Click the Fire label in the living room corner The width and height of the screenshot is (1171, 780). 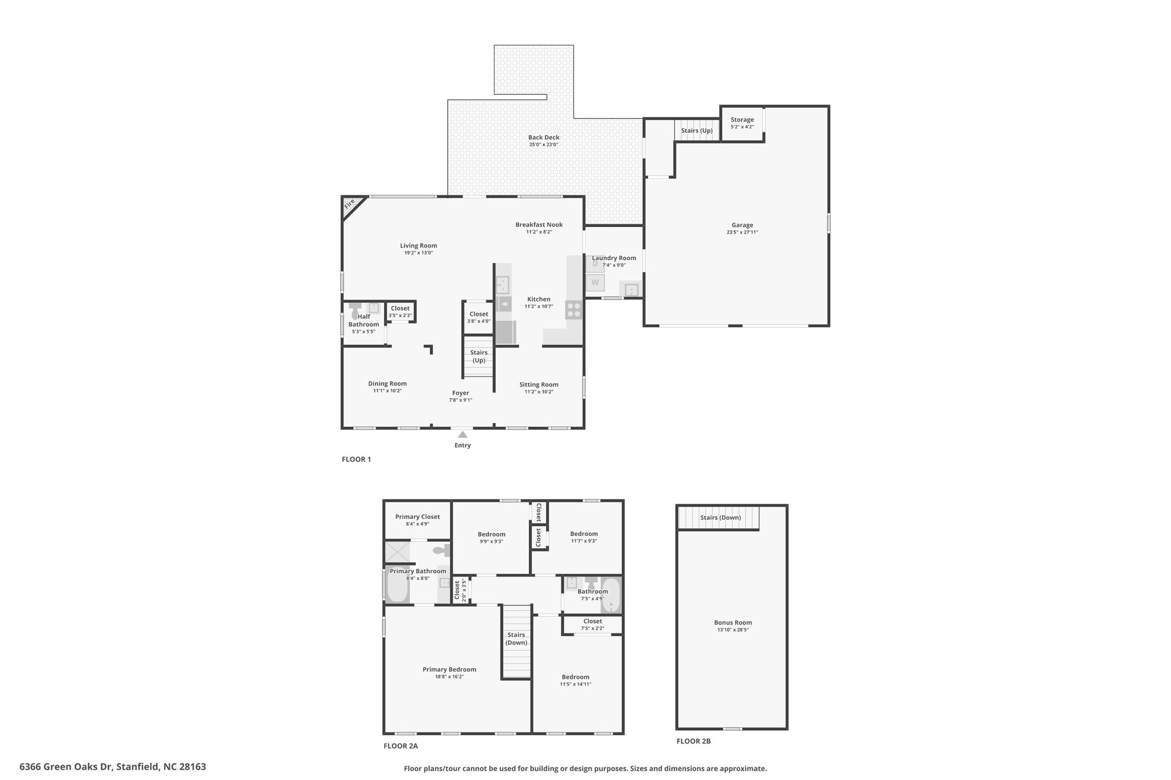tap(349, 203)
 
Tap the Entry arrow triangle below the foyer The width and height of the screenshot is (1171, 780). tap(463, 434)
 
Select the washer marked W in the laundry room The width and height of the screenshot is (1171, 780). tap(595, 282)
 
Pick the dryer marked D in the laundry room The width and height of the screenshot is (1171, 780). tap(595, 263)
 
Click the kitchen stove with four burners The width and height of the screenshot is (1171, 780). tap(573, 310)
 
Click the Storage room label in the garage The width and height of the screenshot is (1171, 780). tap(742, 120)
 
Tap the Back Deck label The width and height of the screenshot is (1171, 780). tap(544, 137)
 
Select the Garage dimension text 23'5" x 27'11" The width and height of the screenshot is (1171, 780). tap(742, 233)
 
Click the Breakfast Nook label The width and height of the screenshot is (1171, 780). tap(539, 225)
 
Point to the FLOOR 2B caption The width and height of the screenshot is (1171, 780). tap(694, 741)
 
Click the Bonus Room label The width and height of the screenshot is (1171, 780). tap(733, 622)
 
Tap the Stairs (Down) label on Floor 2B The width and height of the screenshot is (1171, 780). tap(720, 518)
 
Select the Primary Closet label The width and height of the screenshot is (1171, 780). tap(417, 517)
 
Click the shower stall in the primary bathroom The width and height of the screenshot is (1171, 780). tap(397, 551)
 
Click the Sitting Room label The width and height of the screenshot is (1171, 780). tap(539, 385)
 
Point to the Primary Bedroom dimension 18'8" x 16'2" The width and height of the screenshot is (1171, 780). tap(449, 677)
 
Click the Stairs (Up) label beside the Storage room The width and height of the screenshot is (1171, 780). tap(697, 130)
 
